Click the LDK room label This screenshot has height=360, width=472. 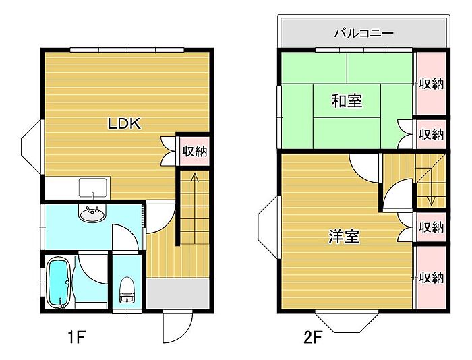pos(124,123)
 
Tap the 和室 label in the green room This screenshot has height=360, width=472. pos(347,101)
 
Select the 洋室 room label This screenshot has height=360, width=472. pos(343,237)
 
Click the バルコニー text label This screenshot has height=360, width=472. pos(364,32)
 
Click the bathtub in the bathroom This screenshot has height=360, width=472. pos(59,282)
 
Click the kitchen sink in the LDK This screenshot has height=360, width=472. pos(92,186)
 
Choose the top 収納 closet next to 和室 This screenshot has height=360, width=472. pos(431,84)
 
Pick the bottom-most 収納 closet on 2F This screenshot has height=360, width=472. pos(431,277)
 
